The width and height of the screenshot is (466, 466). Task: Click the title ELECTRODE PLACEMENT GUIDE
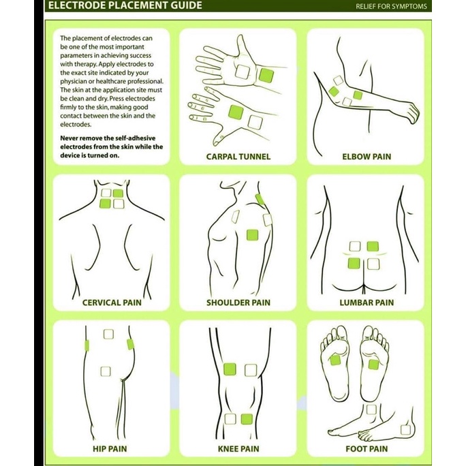coord(125,5)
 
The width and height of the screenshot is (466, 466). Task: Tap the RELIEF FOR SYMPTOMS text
coord(391,7)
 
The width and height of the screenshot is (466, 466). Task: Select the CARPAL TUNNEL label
coord(238,157)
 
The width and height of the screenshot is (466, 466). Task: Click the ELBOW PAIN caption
coord(367,157)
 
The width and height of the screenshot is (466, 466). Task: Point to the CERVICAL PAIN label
coord(112,302)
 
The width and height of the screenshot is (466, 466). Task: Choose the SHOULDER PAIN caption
coord(238,302)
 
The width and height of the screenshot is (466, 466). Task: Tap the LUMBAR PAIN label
coord(367,302)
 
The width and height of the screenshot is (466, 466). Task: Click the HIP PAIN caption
coord(110,448)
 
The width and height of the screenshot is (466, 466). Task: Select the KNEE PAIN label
coord(238,448)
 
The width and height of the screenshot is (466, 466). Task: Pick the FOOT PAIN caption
coord(367,448)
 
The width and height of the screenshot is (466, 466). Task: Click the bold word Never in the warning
coord(69,138)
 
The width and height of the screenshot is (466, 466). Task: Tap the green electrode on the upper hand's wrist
coord(266,76)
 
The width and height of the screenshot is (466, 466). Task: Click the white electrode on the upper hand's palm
coord(243,72)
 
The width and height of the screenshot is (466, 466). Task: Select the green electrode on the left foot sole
coord(335,360)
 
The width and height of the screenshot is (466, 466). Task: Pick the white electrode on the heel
coord(405,430)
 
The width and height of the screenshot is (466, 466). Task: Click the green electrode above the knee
coord(230,369)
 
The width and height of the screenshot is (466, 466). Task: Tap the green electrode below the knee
coord(247,419)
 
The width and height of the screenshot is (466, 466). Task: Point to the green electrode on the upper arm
coord(252,235)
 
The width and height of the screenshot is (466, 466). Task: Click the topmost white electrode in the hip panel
coord(108,334)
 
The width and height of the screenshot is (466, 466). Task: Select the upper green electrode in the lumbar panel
coord(373,247)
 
